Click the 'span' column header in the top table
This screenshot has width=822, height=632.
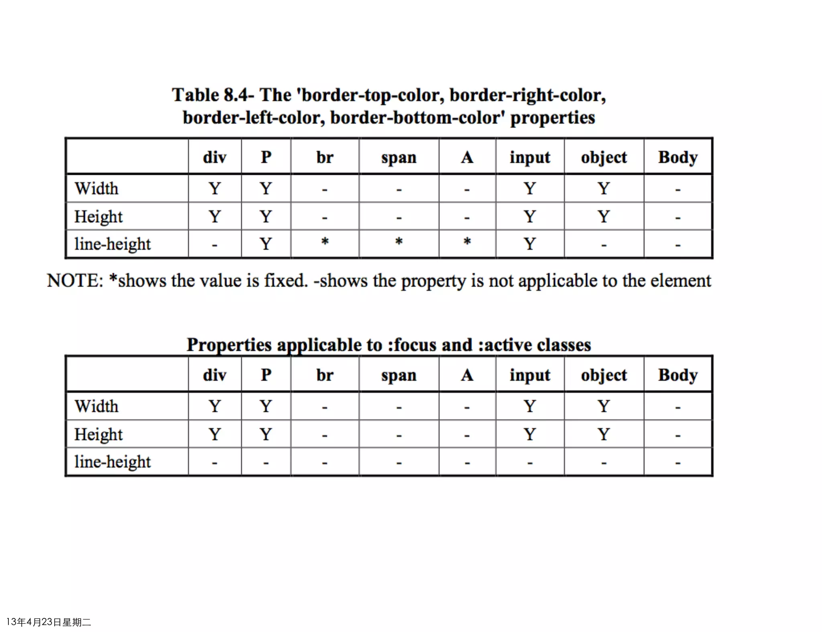coord(399,158)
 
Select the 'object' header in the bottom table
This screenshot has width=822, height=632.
coord(604,375)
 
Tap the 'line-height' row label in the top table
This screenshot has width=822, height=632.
coord(112,244)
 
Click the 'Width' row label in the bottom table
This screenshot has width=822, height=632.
coord(96,407)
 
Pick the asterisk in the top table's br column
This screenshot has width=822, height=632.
coord(325,242)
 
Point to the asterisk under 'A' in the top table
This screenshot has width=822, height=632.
coord(467,242)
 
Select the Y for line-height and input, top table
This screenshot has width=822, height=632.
coord(530,244)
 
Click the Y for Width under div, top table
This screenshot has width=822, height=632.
coord(215,188)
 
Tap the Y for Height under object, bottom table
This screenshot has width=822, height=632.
coord(604,434)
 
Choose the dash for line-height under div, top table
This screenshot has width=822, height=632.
coord(215,245)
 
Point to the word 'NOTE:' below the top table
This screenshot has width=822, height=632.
coord(75,281)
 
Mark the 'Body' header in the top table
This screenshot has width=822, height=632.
coord(678,158)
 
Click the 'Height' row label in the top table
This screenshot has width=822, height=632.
coord(98,217)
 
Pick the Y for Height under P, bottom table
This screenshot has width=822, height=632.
coord(266,434)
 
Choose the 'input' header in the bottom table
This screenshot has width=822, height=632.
coord(530,375)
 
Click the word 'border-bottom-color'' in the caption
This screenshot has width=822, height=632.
coord(417,118)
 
